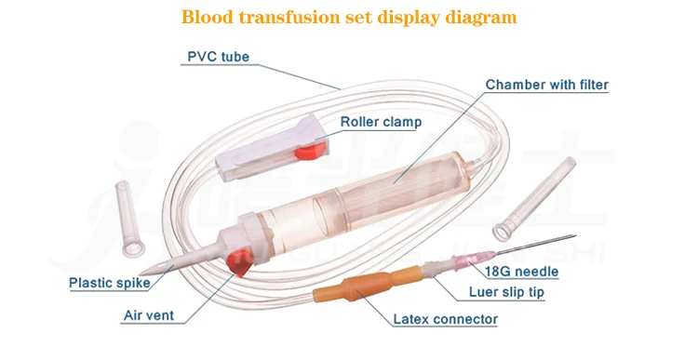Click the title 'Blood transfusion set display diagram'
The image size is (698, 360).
coord(348,17)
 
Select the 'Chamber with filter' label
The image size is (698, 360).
coord(546,86)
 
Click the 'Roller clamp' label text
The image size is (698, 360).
coord(380,121)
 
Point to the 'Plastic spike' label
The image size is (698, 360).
coord(111,284)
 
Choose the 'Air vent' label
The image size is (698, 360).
coord(149,315)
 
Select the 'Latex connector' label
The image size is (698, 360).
coord(445,319)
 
